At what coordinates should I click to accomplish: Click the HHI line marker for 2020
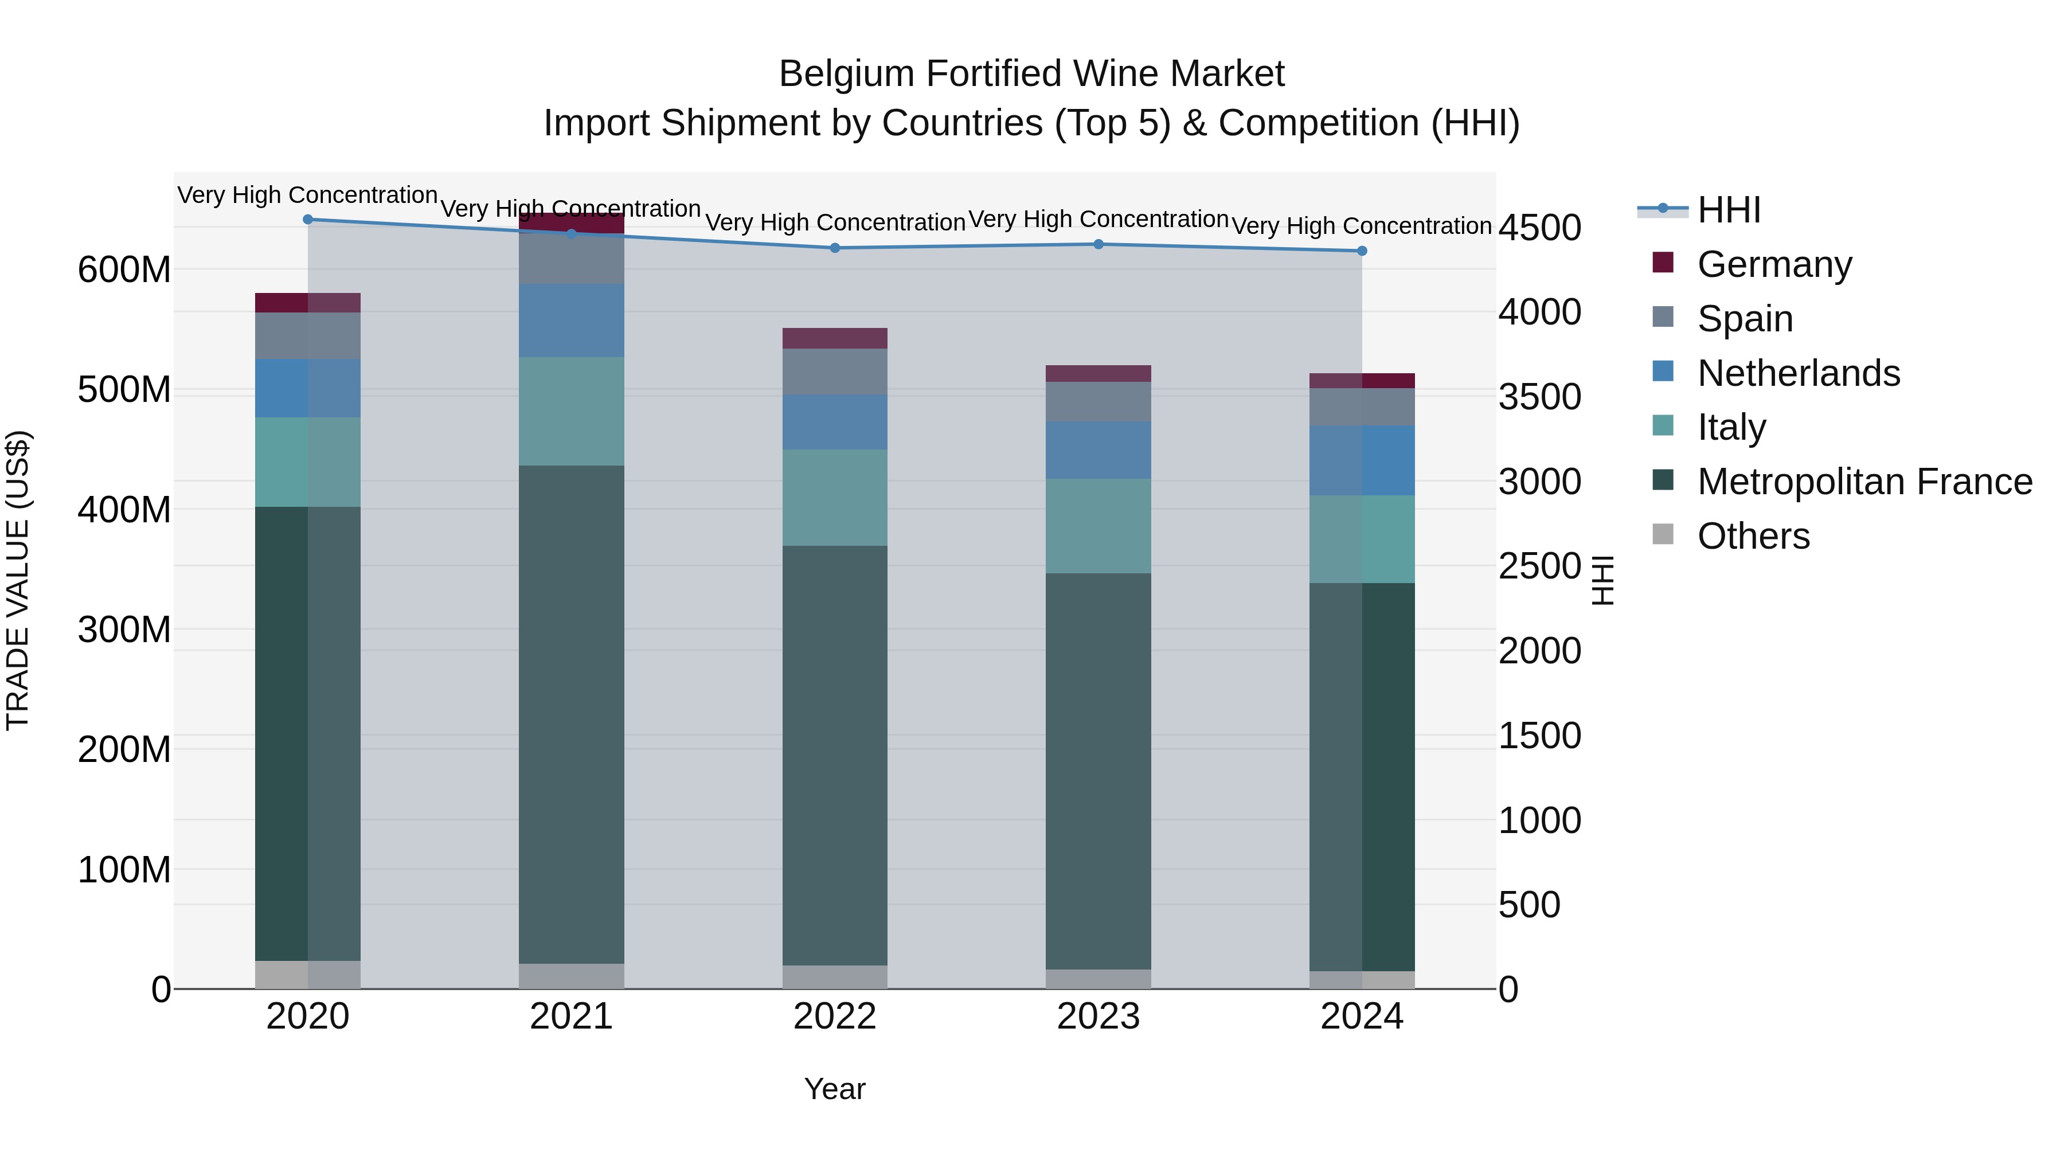pos(308,219)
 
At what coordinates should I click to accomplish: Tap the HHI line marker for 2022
pos(835,248)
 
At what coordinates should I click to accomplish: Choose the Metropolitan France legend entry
pos(1864,482)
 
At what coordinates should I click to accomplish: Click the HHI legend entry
pos(1728,210)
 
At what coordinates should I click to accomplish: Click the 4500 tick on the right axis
pos(1539,228)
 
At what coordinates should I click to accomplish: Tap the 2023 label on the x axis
pos(1098,1017)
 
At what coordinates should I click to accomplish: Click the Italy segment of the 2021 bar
pos(571,411)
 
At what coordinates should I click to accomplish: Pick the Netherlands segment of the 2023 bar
pos(1098,449)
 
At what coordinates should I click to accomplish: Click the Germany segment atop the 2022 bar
pos(835,338)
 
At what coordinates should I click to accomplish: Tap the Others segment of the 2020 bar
pos(308,974)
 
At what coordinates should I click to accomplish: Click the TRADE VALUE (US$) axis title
pos(18,580)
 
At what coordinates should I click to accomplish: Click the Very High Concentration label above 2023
pos(1098,219)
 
